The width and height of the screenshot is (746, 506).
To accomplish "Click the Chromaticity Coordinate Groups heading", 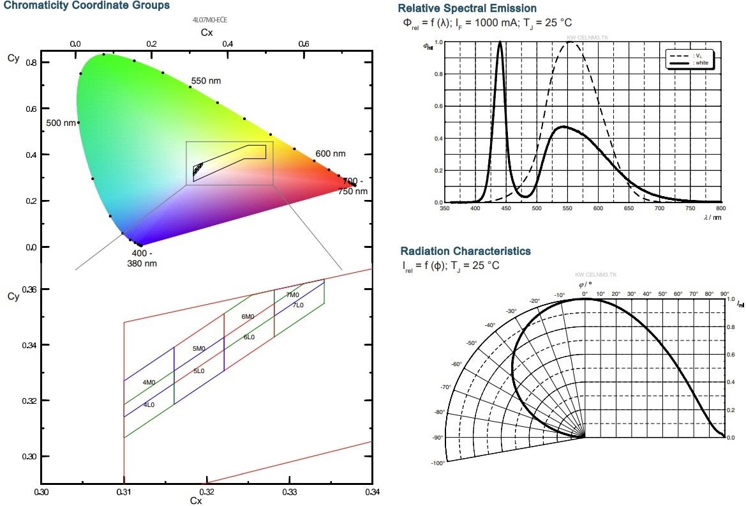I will pyautogui.click(x=86, y=6).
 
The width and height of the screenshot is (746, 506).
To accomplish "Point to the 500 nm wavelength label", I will pyautogui.click(x=61, y=123).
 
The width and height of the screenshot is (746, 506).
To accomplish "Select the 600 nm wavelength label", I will pyautogui.click(x=330, y=154).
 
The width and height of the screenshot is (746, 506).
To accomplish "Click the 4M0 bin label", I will pyautogui.click(x=149, y=383).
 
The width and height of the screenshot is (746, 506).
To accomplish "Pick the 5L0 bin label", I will pyautogui.click(x=199, y=371).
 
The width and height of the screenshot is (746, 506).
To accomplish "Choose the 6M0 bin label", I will pyautogui.click(x=248, y=317).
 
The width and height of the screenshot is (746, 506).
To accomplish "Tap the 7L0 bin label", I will pyautogui.click(x=298, y=305).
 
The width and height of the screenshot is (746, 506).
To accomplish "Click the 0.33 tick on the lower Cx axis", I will pyautogui.click(x=289, y=493).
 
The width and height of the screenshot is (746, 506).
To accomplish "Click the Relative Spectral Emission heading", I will pyautogui.click(x=466, y=9).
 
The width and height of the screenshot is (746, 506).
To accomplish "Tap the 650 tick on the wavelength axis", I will pyautogui.click(x=629, y=208).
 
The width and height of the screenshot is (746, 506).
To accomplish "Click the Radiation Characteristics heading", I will pyautogui.click(x=465, y=251).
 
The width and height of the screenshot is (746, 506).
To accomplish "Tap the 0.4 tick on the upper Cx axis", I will pyautogui.click(x=227, y=44).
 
